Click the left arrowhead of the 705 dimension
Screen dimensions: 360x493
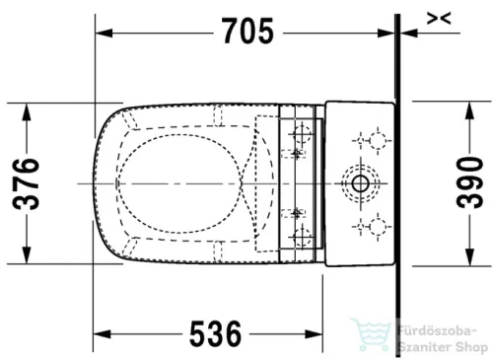102,33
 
